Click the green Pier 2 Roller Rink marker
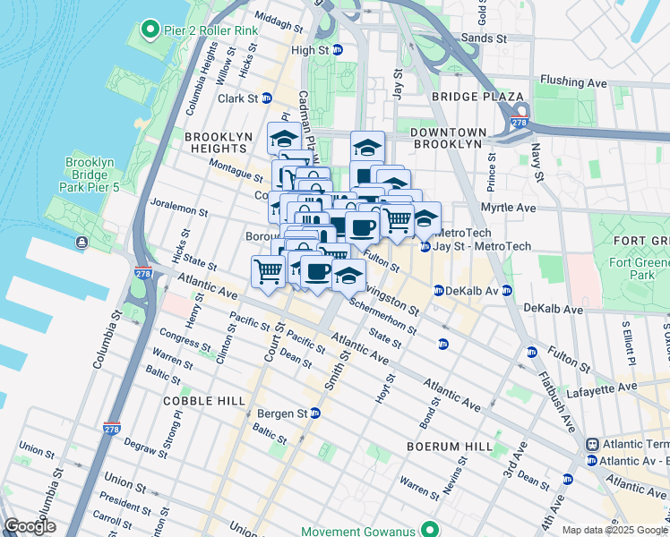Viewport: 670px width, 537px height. click(x=148, y=30)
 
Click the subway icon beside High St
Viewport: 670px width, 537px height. click(x=338, y=51)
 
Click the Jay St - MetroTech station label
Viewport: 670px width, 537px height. click(x=482, y=246)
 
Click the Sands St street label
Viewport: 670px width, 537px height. click(x=484, y=39)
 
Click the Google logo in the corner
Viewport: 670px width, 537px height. click(x=30, y=527)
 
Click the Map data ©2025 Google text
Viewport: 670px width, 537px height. click(x=613, y=530)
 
